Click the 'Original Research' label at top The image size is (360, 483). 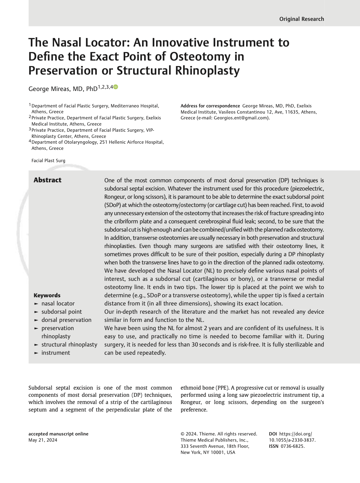click(301, 19)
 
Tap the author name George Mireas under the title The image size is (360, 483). click(50, 89)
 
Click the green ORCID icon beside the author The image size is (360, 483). click(116, 87)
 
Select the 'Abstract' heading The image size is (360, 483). click(48, 180)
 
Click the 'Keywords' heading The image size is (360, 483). click(47, 295)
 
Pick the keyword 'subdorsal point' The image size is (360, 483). click(62, 312)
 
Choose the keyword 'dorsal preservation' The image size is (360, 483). click(66, 320)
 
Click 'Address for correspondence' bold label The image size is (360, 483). click(210, 106)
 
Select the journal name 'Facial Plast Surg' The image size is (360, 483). click(48, 161)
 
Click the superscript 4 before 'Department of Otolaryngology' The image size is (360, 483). click(30, 141)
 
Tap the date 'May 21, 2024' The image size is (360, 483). click(43, 440)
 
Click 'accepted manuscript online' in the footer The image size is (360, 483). click(58, 434)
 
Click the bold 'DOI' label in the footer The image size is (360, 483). click(273, 434)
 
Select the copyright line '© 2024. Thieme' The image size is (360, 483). click(202, 434)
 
